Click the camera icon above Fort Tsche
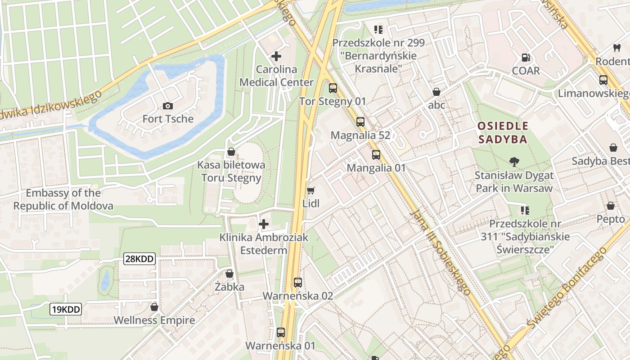(168, 106)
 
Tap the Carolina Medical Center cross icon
(276, 56)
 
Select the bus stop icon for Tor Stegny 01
(333, 88)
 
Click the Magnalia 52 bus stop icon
(360, 121)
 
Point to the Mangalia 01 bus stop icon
(376, 155)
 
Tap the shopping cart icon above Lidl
(311, 190)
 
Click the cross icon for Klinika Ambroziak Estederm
(264, 224)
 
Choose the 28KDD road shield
(139, 259)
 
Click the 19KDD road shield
(66, 309)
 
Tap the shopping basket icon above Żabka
(229, 274)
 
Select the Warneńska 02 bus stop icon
(298, 283)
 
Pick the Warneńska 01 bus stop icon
(281, 333)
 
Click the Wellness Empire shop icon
(154, 307)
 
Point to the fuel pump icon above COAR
(526, 58)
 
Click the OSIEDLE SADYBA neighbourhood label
(503, 132)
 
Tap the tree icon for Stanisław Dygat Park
(514, 162)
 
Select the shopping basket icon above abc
(436, 92)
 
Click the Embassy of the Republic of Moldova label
(63, 199)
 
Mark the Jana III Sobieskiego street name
(441, 252)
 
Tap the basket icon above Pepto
(611, 206)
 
